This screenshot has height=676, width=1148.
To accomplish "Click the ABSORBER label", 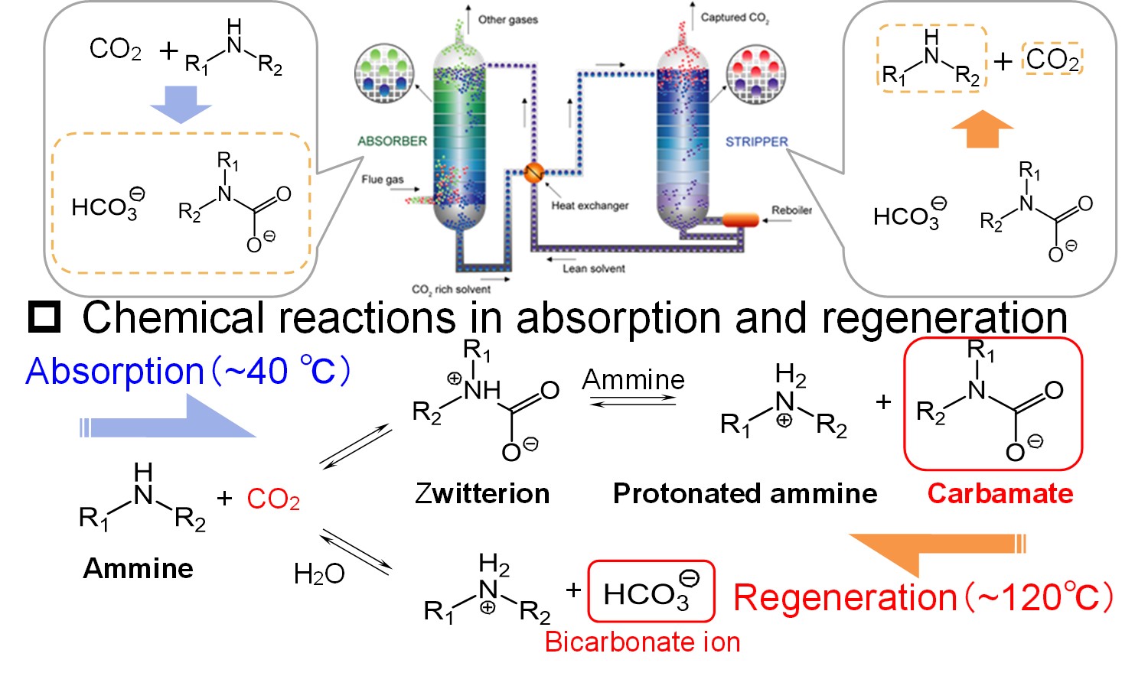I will coord(392,141).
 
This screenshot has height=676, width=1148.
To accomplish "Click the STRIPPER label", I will coord(756,142).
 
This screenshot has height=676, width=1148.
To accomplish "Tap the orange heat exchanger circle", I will coord(533,173).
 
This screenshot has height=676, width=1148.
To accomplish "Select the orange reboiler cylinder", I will coord(740,220).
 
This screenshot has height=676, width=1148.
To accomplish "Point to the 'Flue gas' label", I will coord(382,180).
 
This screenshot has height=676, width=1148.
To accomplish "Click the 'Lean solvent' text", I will coord(593,268).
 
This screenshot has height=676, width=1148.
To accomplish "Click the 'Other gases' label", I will coord(507,20).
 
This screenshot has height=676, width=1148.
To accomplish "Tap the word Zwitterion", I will coord(482,494).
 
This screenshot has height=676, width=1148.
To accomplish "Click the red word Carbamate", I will coord(1000,494).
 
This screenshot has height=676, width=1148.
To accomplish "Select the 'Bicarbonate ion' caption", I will coord(642,642).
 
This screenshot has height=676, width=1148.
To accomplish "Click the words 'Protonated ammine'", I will coord(745,494).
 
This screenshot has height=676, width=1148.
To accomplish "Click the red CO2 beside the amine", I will coord(273,499).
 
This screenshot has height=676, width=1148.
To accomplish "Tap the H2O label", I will coord(319,574).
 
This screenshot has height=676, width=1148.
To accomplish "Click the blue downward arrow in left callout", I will coord(181,102).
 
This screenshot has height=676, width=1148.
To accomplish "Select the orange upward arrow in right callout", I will coord(982,128).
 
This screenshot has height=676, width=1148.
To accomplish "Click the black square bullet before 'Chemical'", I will coord(44,317).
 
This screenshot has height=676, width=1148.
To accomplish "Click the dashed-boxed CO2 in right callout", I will coord(1052,59).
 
